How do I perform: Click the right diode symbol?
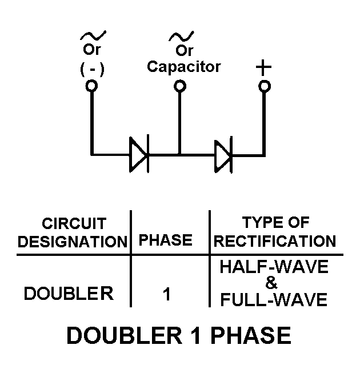223,154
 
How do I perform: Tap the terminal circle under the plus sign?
263,86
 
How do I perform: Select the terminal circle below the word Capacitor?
179,86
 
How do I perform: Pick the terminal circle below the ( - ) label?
91,86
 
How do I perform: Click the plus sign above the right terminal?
263,67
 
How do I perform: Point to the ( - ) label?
91,69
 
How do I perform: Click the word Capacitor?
183,66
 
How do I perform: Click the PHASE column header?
166,240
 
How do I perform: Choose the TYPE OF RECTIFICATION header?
275,232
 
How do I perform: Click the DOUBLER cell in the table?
69,294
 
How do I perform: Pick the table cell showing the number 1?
167,295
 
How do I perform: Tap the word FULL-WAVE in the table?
275,299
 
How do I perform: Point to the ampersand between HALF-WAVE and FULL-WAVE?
273,284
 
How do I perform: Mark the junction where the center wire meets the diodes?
179,154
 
